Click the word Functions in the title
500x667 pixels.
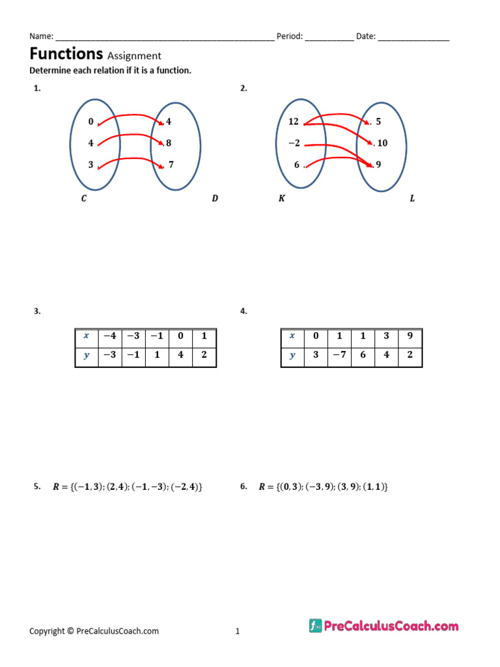pyautogui.click(x=66, y=53)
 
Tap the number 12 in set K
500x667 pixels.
pyautogui.click(x=294, y=122)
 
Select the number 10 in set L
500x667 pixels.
pyautogui.click(x=382, y=143)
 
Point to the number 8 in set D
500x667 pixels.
pyautogui.click(x=169, y=143)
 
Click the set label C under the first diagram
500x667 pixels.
pyautogui.click(x=83, y=199)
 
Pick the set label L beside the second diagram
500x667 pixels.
pyautogui.click(x=412, y=199)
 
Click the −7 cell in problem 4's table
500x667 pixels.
pyautogui.click(x=339, y=356)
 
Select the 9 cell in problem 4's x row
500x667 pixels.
pyautogui.click(x=410, y=336)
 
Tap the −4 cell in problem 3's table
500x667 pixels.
pyautogui.click(x=110, y=336)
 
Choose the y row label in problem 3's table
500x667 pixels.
pyautogui.click(x=87, y=356)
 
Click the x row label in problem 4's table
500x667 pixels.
pyautogui.click(x=292, y=336)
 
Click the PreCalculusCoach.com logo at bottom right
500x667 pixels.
pyautogui.click(x=384, y=626)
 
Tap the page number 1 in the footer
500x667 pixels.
pyautogui.click(x=238, y=631)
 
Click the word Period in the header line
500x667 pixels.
pyautogui.click(x=289, y=36)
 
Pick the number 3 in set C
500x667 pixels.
pyautogui.click(x=90, y=165)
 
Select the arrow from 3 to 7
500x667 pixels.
pyautogui.click(x=130, y=159)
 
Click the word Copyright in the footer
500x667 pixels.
pyautogui.click(x=47, y=631)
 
